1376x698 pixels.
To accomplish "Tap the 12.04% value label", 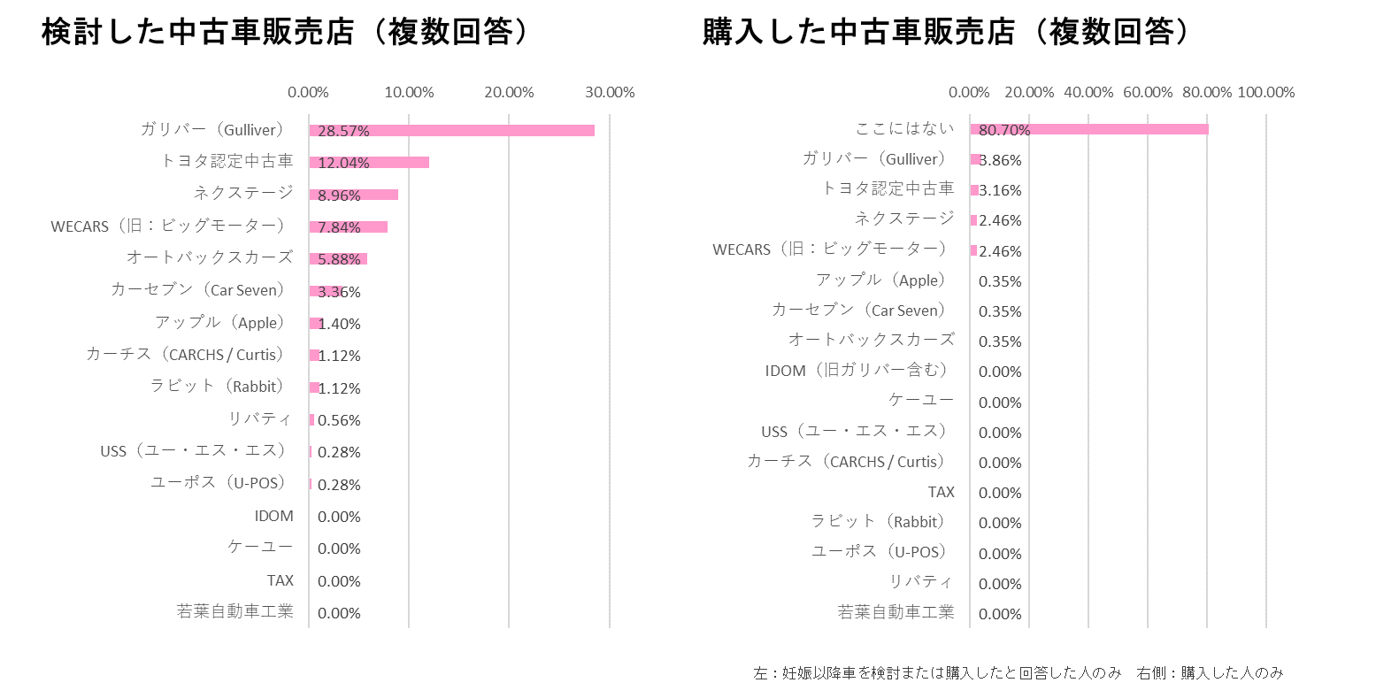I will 343,163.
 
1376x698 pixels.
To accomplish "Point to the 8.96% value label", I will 339,196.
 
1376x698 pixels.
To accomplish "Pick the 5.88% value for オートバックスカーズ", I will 339,259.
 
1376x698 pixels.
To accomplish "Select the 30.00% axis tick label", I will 609,92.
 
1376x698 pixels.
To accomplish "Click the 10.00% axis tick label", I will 409,92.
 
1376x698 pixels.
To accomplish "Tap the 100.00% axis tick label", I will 1265,92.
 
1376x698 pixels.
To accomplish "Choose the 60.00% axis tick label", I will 1148,92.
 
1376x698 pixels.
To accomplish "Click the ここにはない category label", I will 904,129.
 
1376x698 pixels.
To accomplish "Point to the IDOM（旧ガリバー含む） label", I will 856,371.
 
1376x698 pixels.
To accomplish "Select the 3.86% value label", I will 1000,160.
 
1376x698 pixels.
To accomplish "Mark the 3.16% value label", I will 1000,190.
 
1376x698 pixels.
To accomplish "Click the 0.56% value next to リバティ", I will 339,420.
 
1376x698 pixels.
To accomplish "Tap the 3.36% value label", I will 339,292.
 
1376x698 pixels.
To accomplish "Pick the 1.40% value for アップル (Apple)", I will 339,324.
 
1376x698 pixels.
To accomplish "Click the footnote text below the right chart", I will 1018,672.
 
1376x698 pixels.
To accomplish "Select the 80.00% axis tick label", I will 1207,92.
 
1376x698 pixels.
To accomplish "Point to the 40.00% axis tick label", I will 1088,92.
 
